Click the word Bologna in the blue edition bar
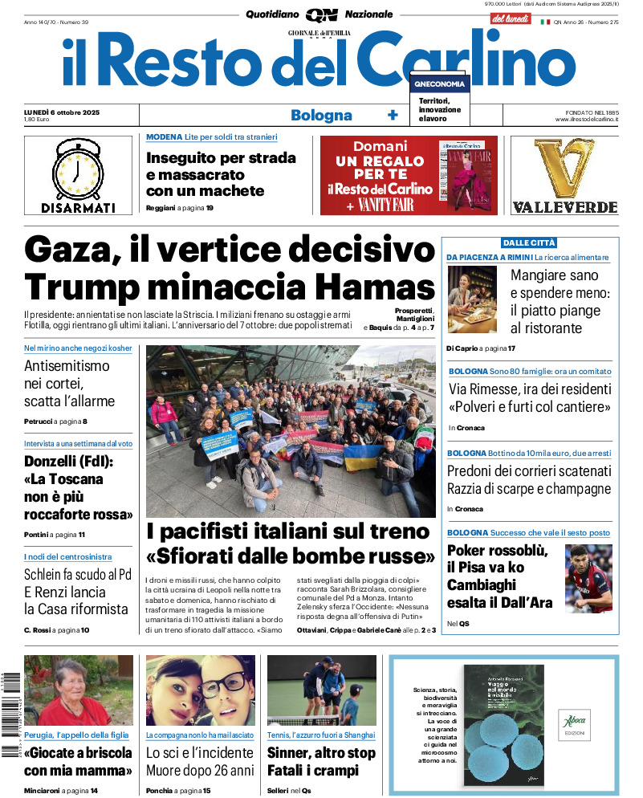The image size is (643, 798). click(321, 115)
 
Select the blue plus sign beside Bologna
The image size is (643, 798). click(393, 115)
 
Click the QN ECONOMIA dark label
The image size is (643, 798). click(439, 83)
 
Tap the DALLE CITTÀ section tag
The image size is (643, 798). click(529, 242)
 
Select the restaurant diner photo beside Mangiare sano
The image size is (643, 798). click(471, 299)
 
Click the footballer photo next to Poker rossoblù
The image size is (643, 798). click(588, 578)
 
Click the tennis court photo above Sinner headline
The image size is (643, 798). click(321, 690)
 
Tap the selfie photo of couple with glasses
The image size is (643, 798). click(200, 690)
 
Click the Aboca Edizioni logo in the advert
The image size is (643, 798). click(572, 727)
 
